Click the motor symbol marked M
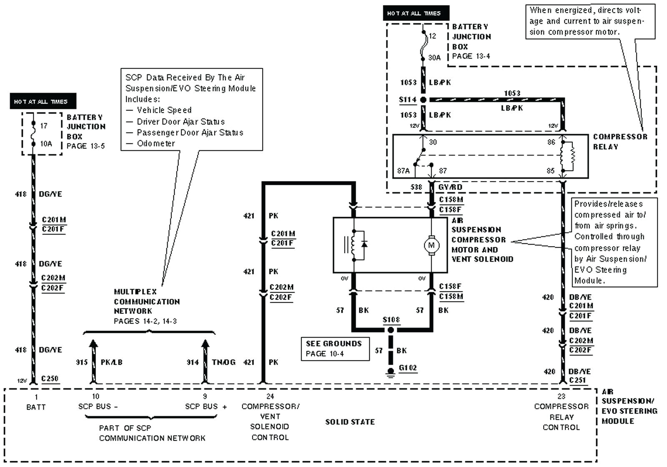[431, 245]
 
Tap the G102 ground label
[407, 368]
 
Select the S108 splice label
[391, 320]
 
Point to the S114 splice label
[407, 99]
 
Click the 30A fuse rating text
[434, 58]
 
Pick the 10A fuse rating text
[46, 144]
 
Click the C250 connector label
[50, 379]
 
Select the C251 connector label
[577, 380]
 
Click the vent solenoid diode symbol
[364, 244]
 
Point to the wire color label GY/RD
[450, 187]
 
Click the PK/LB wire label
[111, 362]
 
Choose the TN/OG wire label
[223, 362]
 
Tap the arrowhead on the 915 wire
[93, 344]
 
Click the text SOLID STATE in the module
[350, 422]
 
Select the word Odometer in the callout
[156, 143]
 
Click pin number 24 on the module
[270, 396]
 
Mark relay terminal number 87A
[403, 171]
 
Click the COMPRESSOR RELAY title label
[620, 141]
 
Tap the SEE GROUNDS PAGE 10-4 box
[335, 348]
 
